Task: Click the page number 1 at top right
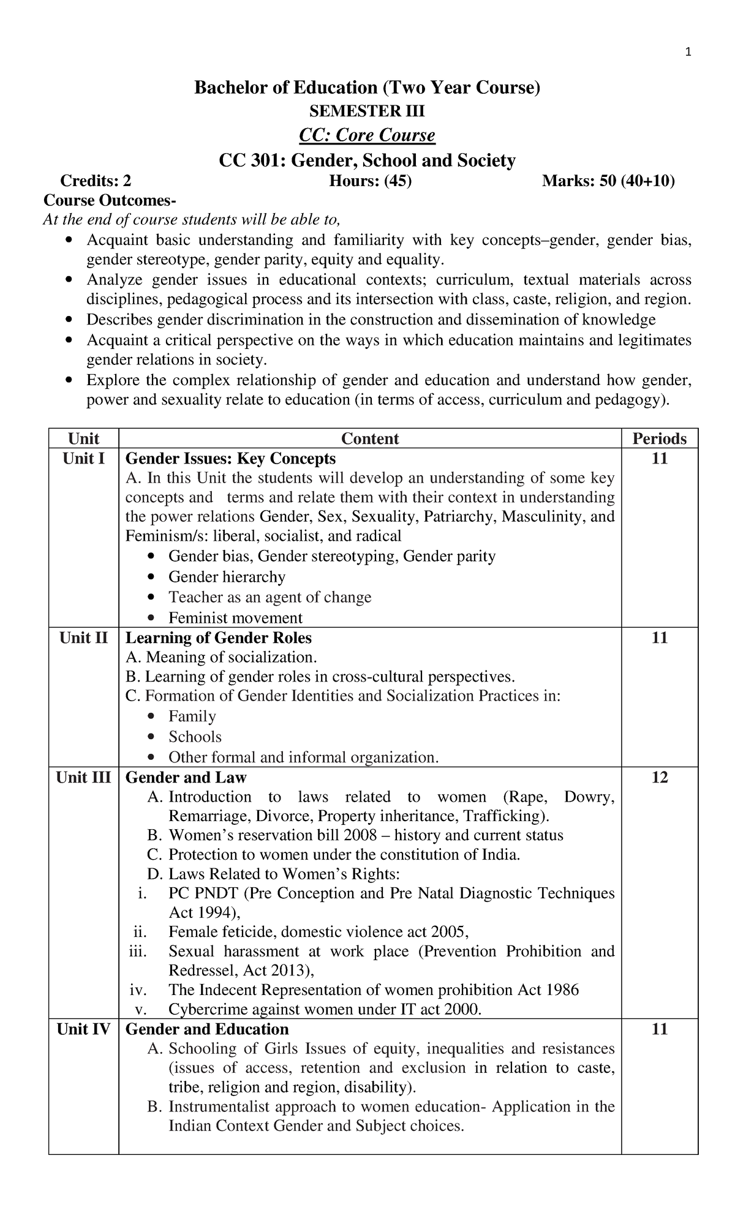[x=688, y=53]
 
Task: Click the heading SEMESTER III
[x=367, y=111]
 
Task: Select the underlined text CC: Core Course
[x=367, y=135]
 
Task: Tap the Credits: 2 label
[x=96, y=181]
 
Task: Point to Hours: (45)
[x=371, y=181]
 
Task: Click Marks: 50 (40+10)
[x=609, y=181]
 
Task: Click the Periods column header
[x=660, y=438]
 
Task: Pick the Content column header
[x=370, y=438]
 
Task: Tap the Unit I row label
[x=84, y=459]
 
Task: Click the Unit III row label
[x=83, y=778]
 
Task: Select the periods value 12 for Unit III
[x=660, y=778]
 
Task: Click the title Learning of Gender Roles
[x=219, y=638]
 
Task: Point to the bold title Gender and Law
[x=186, y=778]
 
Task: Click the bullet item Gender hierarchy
[x=227, y=577]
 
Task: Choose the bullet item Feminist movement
[x=236, y=618]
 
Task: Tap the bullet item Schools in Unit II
[x=195, y=737]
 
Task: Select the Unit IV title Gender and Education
[x=207, y=1029]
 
